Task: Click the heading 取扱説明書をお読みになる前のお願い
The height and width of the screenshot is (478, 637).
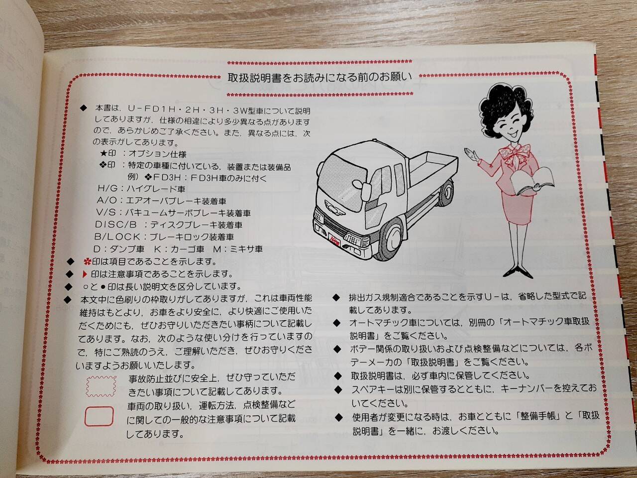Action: pos(319,78)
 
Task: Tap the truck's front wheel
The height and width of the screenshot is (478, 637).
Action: pos(392,239)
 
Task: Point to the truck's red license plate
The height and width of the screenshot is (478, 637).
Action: pos(334,241)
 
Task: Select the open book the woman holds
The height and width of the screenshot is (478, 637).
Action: pos(533,181)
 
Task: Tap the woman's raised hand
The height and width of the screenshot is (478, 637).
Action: pos(471,154)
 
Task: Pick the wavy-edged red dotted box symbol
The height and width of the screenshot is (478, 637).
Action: pos(101,386)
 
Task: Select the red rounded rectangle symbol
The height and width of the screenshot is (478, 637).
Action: pos(99,416)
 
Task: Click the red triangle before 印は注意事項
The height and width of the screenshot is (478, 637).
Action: pos(85,274)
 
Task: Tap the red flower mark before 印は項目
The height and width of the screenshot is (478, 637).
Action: pos(87,261)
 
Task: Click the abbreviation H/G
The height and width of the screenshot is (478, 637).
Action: pos(107,189)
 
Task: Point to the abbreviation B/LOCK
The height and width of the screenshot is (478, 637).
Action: pos(117,237)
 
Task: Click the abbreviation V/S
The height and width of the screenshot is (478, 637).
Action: pos(106,213)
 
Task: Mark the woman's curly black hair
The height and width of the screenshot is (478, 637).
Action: pos(504,108)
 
